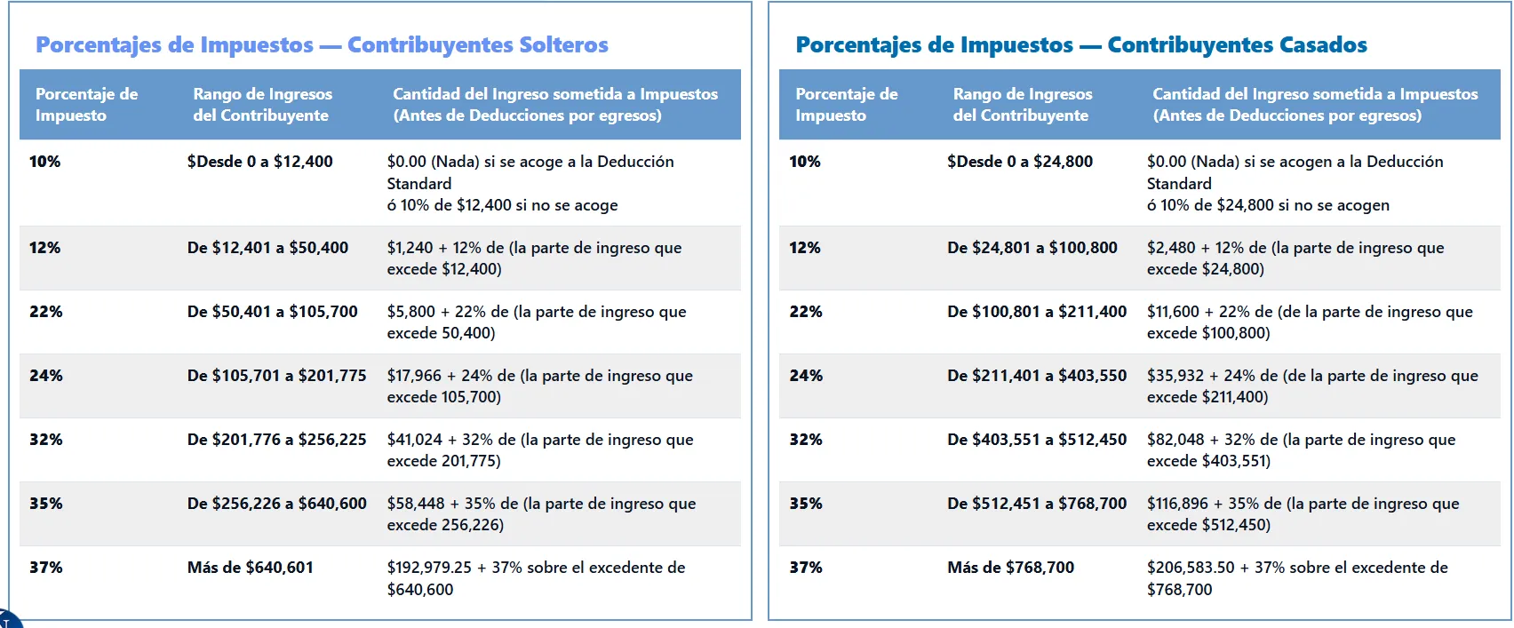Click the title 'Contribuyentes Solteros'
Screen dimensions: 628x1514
point(477,44)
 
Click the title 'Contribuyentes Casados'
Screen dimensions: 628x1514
point(1237,44)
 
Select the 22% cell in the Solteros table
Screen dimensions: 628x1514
point(46,312)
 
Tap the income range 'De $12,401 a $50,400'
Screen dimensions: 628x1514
point(267,248)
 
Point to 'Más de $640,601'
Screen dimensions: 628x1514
point(250,568)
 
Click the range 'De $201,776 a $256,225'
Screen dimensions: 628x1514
point(276,440)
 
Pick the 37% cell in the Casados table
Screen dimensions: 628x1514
point(806,568)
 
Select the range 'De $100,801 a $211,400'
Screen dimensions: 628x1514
point(1036,312)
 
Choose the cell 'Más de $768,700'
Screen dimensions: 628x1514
point(1010,568)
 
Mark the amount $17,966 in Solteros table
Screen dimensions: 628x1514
point(414,376)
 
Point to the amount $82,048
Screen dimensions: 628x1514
point(1174,440)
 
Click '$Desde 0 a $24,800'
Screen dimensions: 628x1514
point(1019,162)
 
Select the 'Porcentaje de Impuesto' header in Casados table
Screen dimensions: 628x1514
point(846,104)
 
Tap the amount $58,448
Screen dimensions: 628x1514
point(415,504)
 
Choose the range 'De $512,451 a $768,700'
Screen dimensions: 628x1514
point(1036,504)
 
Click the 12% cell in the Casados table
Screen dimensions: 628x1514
point(805,248)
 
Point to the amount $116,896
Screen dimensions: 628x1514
point(1177,504)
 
